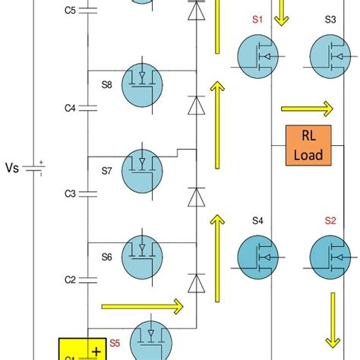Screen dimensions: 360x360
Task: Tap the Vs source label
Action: coord(14,167)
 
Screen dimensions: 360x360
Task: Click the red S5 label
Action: coord(115,343)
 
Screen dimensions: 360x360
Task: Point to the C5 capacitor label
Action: coord(70,10)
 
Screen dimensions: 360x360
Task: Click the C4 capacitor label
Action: coord(70,109)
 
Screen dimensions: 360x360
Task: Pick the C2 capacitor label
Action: coord(70,280)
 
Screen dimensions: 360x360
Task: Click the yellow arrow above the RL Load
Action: coord(306,107)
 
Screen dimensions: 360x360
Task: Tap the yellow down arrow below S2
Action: coord(332,319)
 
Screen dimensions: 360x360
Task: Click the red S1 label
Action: coord(257,21)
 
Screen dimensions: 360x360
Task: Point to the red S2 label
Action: coord(330,221)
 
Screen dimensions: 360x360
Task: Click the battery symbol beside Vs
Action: coord(34,167)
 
